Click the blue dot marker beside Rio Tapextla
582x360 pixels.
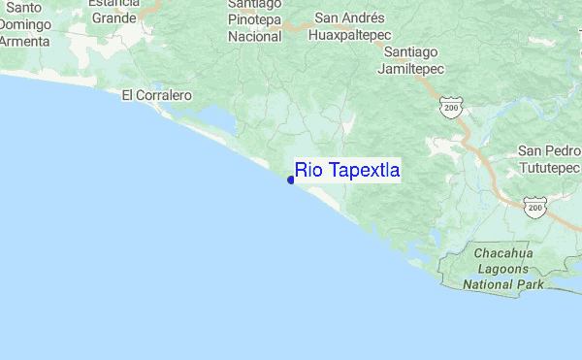click(291, 179)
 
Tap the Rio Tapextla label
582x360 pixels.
click(347, 171)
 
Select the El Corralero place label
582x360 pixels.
click(157, 96)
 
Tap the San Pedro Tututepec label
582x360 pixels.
click(549, 159)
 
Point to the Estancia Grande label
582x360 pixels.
click(114, 10)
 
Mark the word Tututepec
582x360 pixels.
click(549, 167)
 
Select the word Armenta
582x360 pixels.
click(26, 42)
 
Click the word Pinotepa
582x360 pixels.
click(254, 19)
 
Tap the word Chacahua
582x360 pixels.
click(502, 254)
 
